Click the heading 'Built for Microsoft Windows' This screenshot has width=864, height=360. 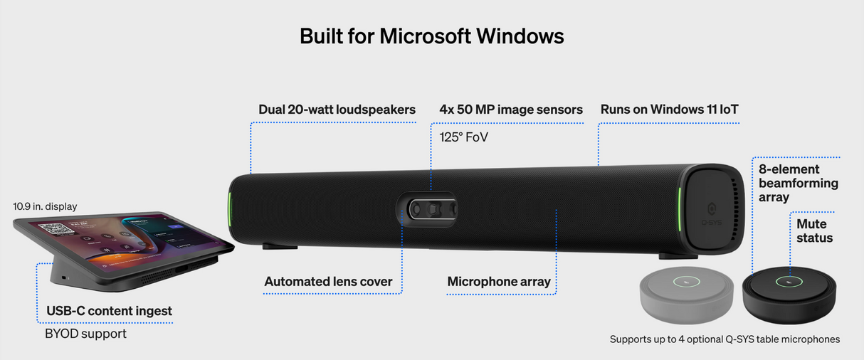tap(431, 36)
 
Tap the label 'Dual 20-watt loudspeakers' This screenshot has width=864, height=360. tap(337, 110)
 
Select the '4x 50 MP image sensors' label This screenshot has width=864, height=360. tap(511, 110)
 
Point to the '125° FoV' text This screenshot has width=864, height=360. tap(463, 137)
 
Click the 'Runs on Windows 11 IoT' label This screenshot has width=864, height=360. tap(669, 110)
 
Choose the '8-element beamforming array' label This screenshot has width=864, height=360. tap(798, 183)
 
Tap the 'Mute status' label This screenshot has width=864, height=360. tap(814, 231)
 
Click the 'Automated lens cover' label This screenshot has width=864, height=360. tap(328, 281)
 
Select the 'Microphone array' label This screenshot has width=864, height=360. tap(499, 282)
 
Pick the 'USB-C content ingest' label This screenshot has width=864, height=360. tap(109, 311)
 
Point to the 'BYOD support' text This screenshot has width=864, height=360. tap(85, 334)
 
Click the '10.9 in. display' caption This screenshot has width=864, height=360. tap(45, 206)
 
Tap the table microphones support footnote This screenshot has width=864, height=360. tap(725, 339)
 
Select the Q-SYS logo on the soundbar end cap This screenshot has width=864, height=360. tap(712, 214)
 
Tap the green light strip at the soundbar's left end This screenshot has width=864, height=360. tap(230, 209)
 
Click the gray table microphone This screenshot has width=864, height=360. tap(687, 295)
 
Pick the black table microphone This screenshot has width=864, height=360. tap(789, 295)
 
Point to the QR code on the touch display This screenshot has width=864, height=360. tap(56, 228)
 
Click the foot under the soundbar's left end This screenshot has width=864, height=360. tap(280, 246)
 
